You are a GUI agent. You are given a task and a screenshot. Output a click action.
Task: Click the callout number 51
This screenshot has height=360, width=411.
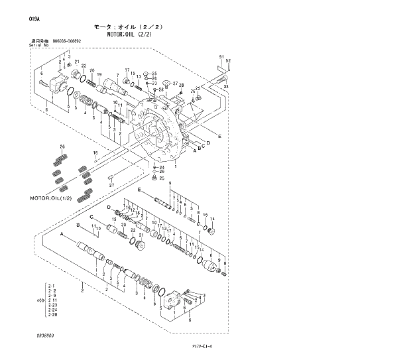221,58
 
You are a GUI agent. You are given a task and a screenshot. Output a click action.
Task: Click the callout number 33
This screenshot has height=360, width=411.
225,86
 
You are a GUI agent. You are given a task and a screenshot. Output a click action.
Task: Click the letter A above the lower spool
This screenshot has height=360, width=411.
62,235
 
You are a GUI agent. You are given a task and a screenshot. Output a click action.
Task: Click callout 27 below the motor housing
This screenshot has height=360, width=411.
111,185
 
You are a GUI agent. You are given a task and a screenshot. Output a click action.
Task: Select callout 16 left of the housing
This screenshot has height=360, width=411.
95,152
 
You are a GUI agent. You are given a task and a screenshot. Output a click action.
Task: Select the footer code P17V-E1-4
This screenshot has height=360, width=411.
206,345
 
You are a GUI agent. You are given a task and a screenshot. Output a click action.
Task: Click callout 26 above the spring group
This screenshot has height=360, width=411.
62,146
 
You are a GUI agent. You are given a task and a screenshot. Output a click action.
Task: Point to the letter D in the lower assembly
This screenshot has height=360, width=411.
109,208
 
